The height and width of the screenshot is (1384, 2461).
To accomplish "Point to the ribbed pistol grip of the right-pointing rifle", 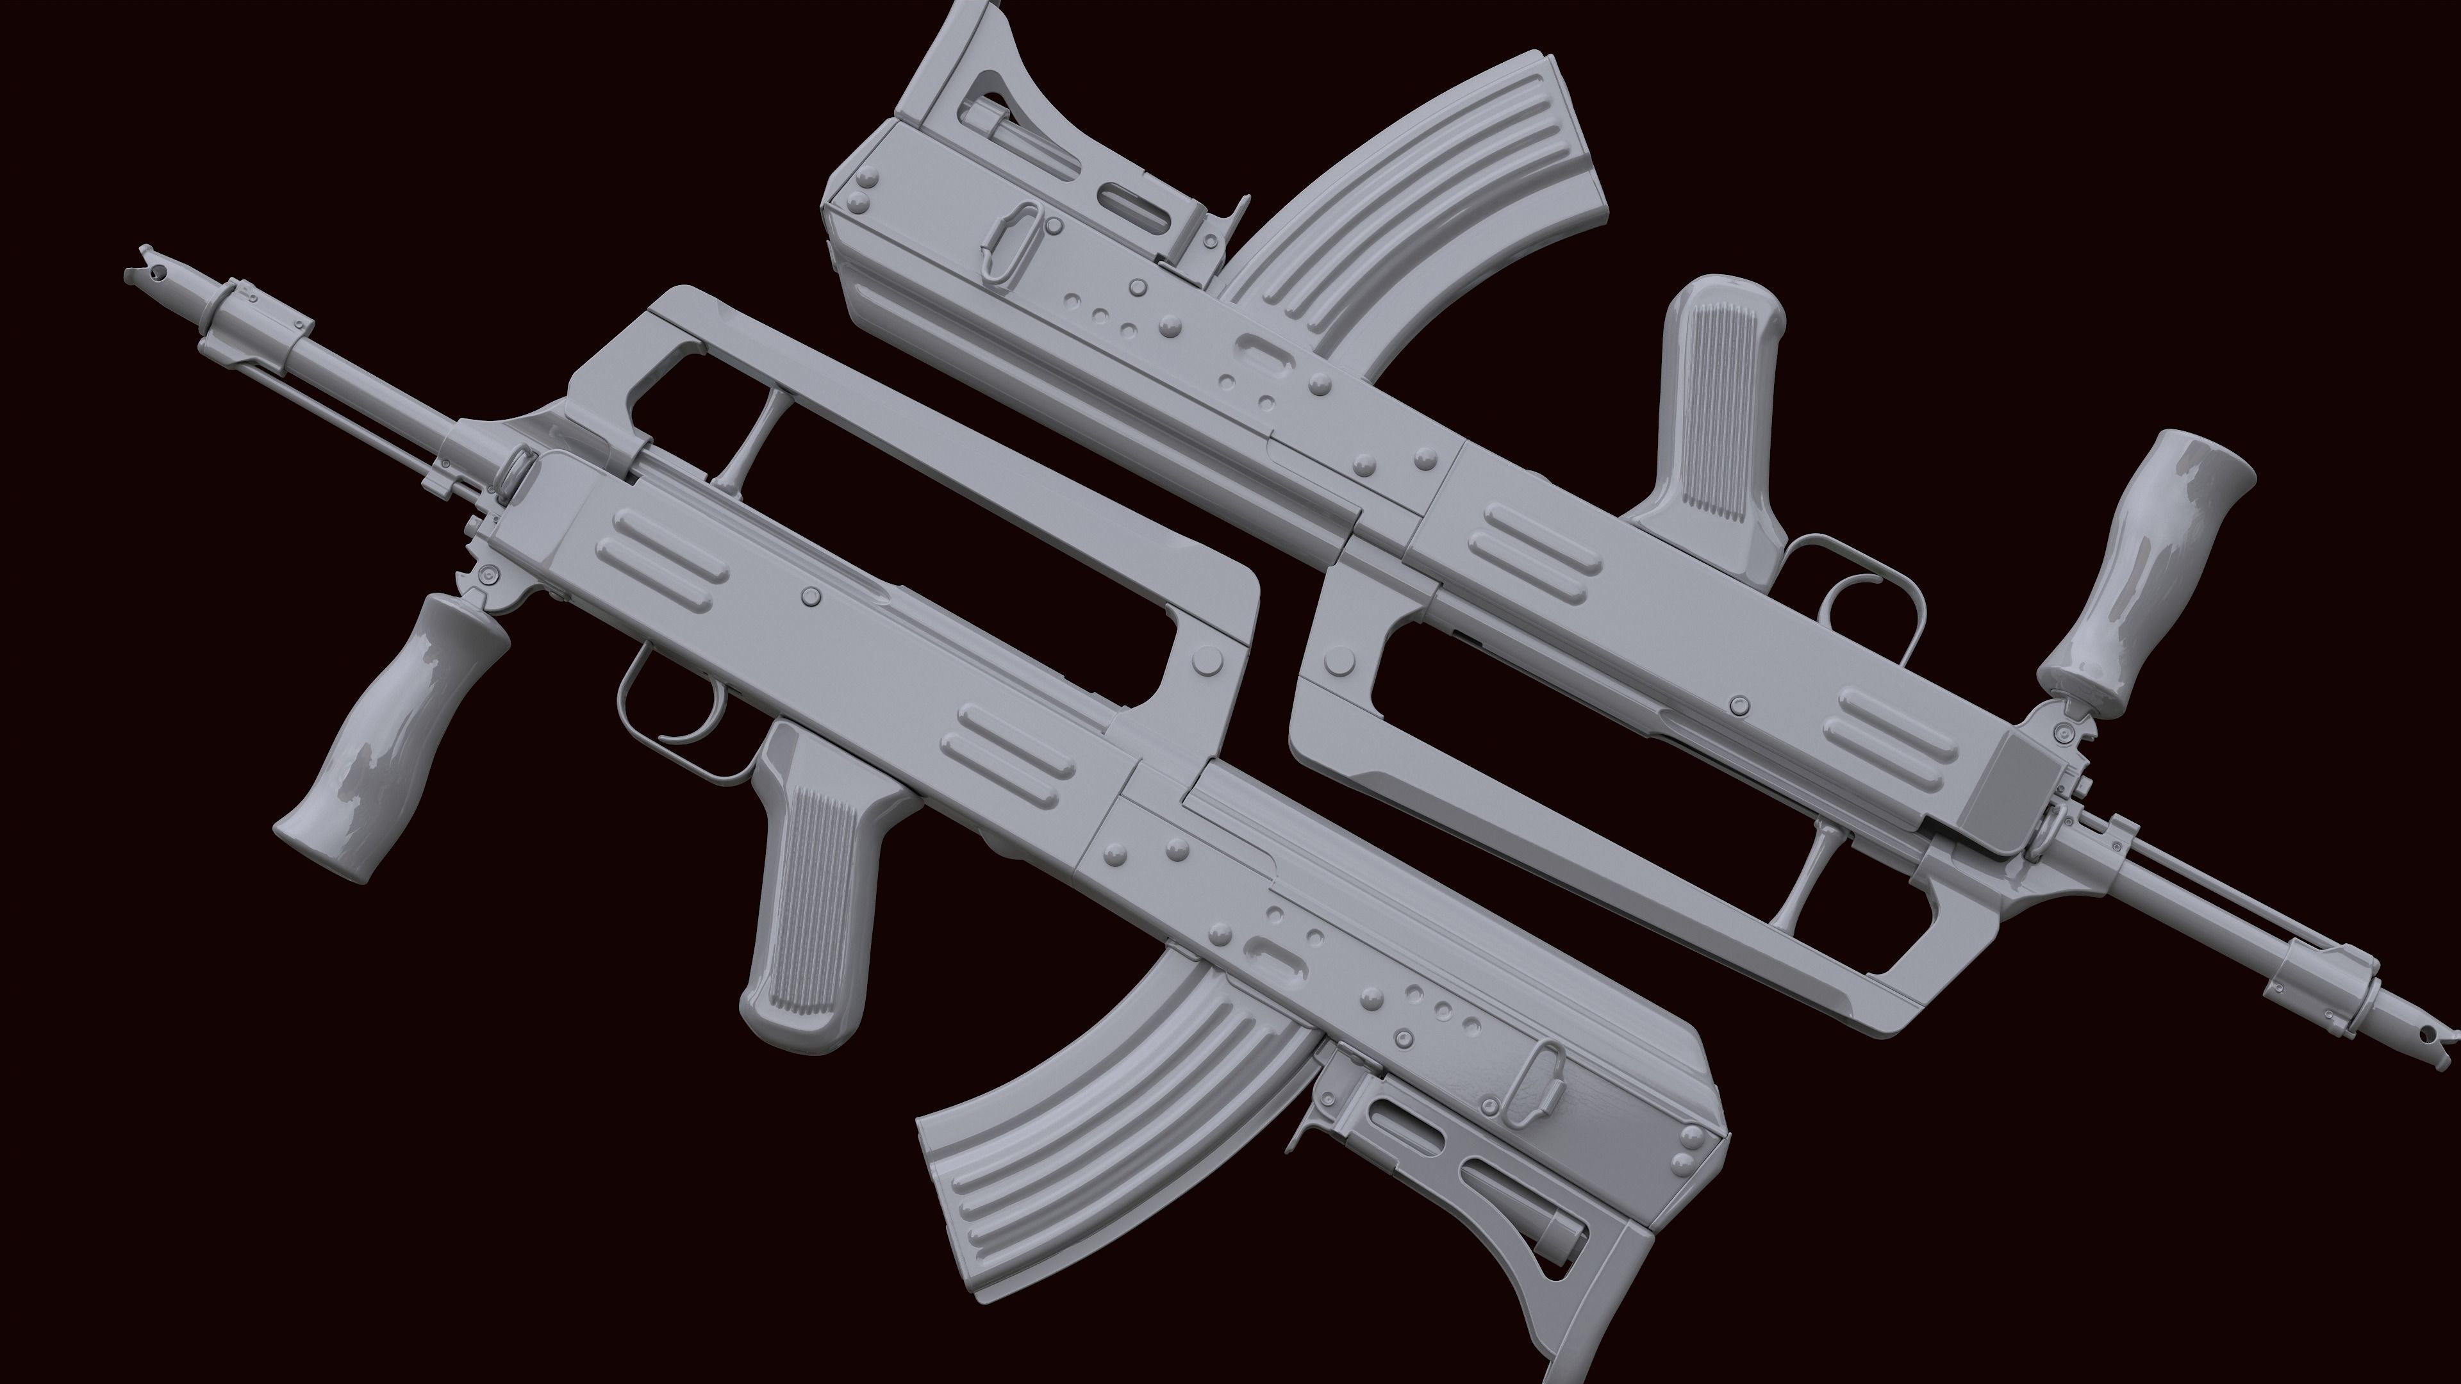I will click(1719, 420).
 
